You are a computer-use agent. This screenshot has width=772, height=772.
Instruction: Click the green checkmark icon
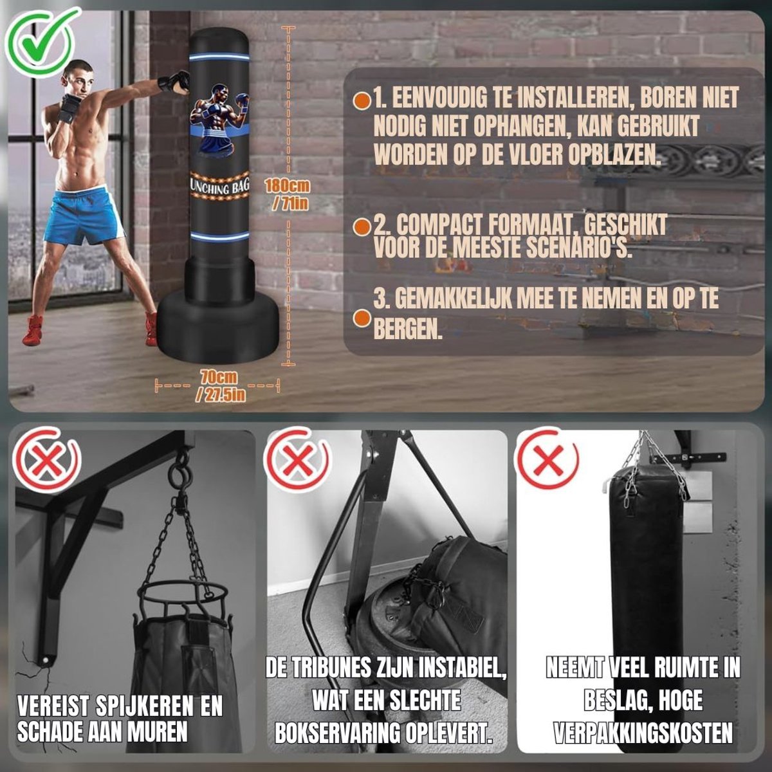click(40, 42)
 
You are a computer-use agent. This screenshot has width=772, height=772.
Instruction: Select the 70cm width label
click(219, 386)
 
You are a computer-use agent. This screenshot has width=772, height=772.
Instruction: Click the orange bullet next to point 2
click(363, 227)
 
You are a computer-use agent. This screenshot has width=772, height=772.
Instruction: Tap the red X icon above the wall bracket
click(46, 459)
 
